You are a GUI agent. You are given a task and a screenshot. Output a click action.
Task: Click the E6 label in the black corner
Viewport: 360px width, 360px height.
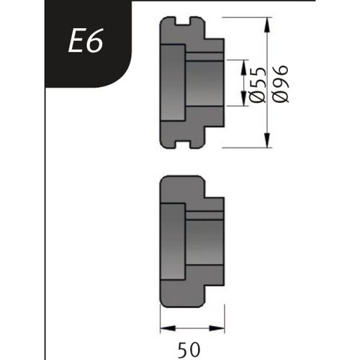[x=86, y=42]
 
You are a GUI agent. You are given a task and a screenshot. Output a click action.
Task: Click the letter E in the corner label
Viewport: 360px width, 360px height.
[x=76, y=42]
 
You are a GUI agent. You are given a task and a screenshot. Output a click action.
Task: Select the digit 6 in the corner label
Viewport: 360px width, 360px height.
[x=96, y=42]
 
